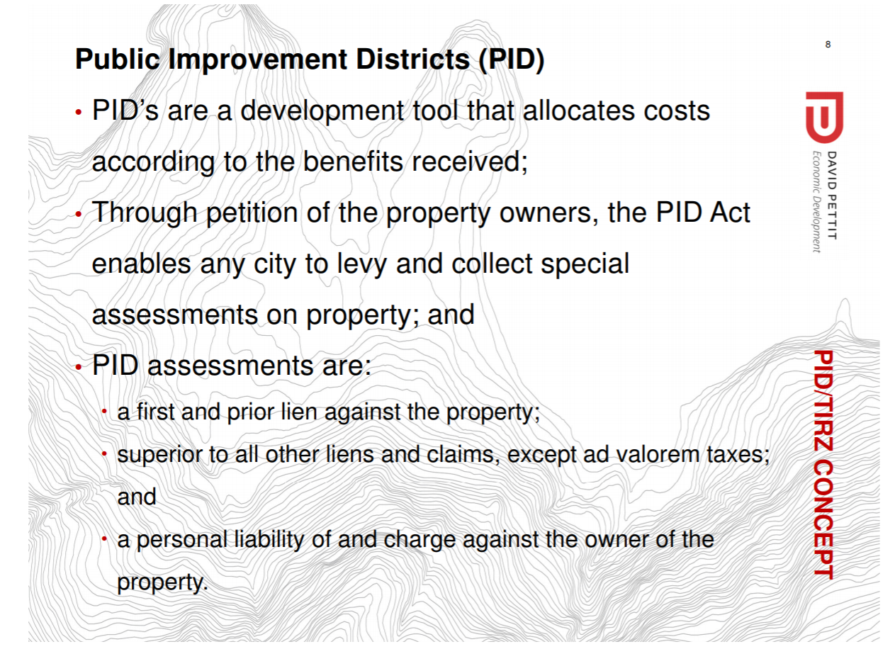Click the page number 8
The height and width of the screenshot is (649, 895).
click(828, 45)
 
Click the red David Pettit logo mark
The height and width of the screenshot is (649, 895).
click(824, 117)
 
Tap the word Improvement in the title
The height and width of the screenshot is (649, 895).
click(259, 60)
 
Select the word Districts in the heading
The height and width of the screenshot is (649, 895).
click(412, 60)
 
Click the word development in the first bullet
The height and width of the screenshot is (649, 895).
click(322, 112)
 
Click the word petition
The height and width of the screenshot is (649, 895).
click(252, 214)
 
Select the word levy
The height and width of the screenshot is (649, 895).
click(362, 265)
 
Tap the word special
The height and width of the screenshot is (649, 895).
click(585, 265)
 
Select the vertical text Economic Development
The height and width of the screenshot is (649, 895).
click(816, 202)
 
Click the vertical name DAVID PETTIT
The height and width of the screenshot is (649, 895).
click(831, 196)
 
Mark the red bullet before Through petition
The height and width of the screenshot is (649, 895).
click(79, 215)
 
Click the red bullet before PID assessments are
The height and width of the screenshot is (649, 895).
click(79, 367)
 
